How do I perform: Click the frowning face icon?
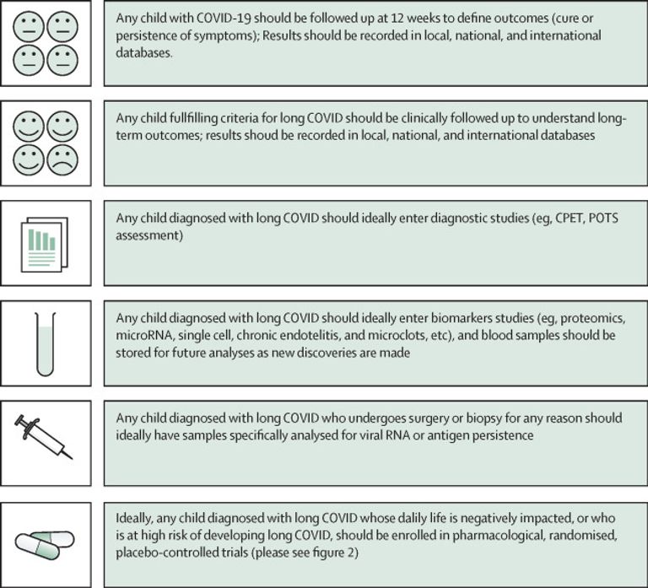62,160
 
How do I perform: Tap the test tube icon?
45,344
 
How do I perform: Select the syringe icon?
44,438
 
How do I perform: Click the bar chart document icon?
45,244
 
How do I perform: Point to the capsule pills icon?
45,545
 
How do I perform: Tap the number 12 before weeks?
397,19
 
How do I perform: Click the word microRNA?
143,335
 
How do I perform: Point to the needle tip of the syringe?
73,459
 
